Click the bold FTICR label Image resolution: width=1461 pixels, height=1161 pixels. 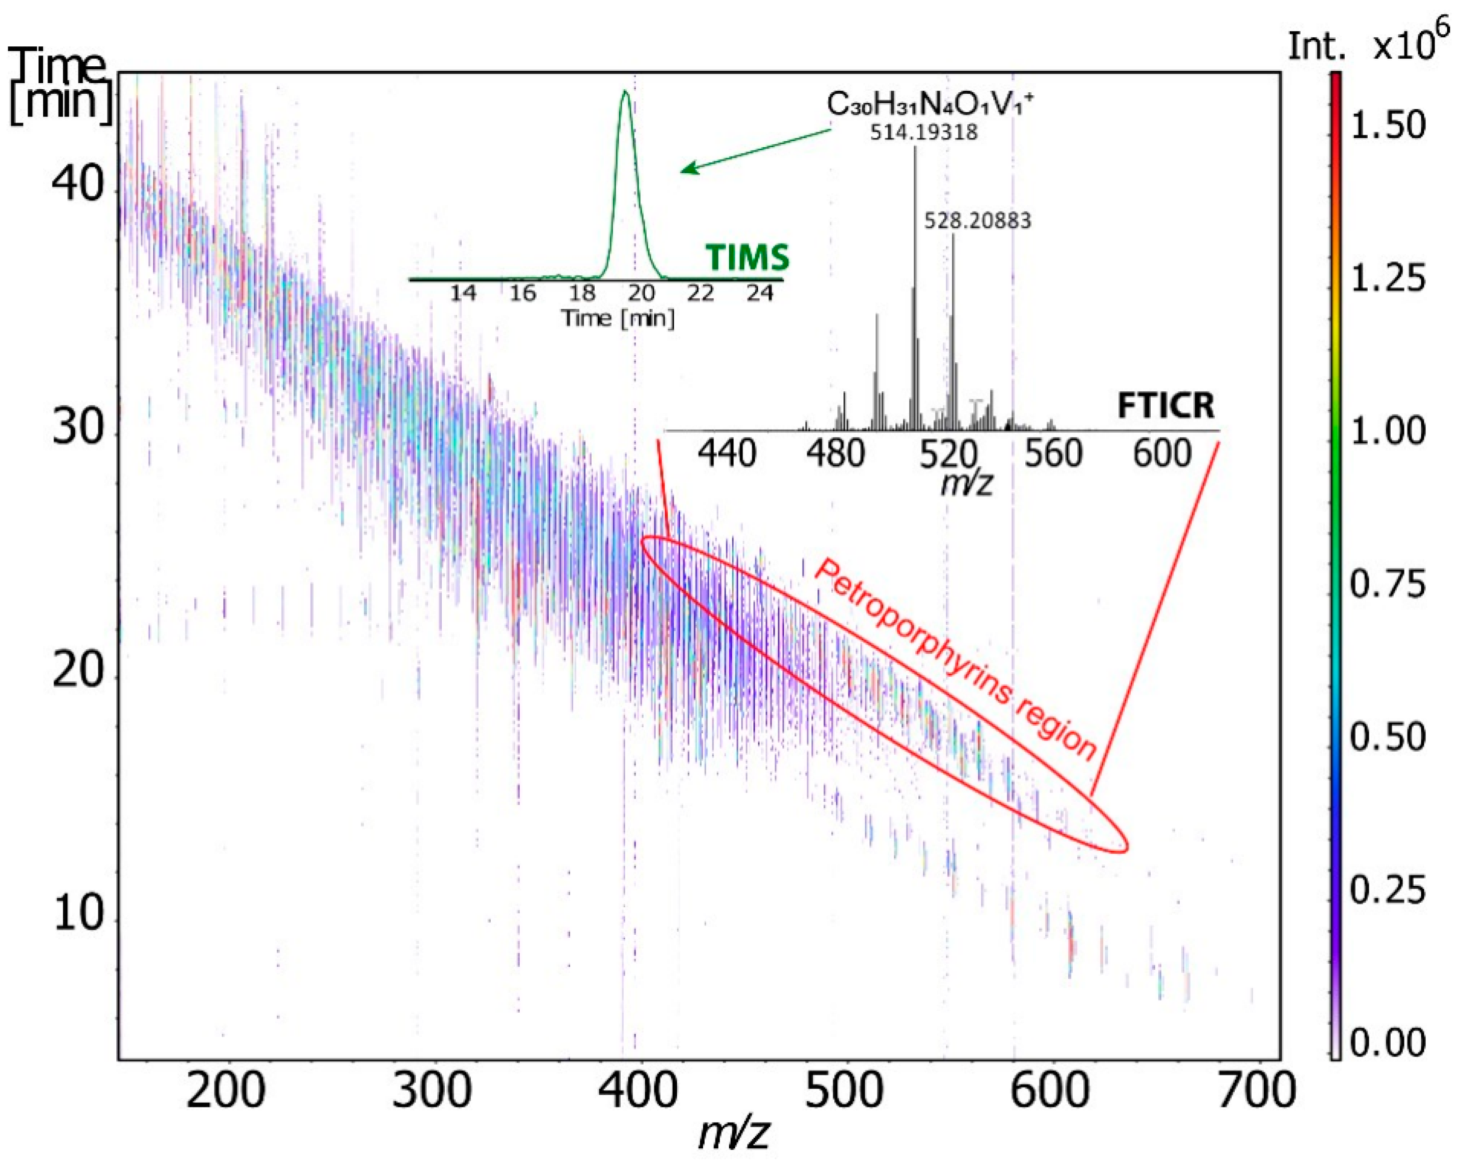tap(1165, 406)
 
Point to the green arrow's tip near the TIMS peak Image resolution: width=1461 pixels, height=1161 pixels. tap(682, 171)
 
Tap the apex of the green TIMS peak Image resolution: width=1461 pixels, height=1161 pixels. tap(625, 92)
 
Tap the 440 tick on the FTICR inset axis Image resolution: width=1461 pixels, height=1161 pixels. tap(727, 454)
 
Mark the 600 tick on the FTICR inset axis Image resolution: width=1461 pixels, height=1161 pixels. tap(1161, 454)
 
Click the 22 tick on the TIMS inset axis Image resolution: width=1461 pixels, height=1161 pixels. tap(700, 294)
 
